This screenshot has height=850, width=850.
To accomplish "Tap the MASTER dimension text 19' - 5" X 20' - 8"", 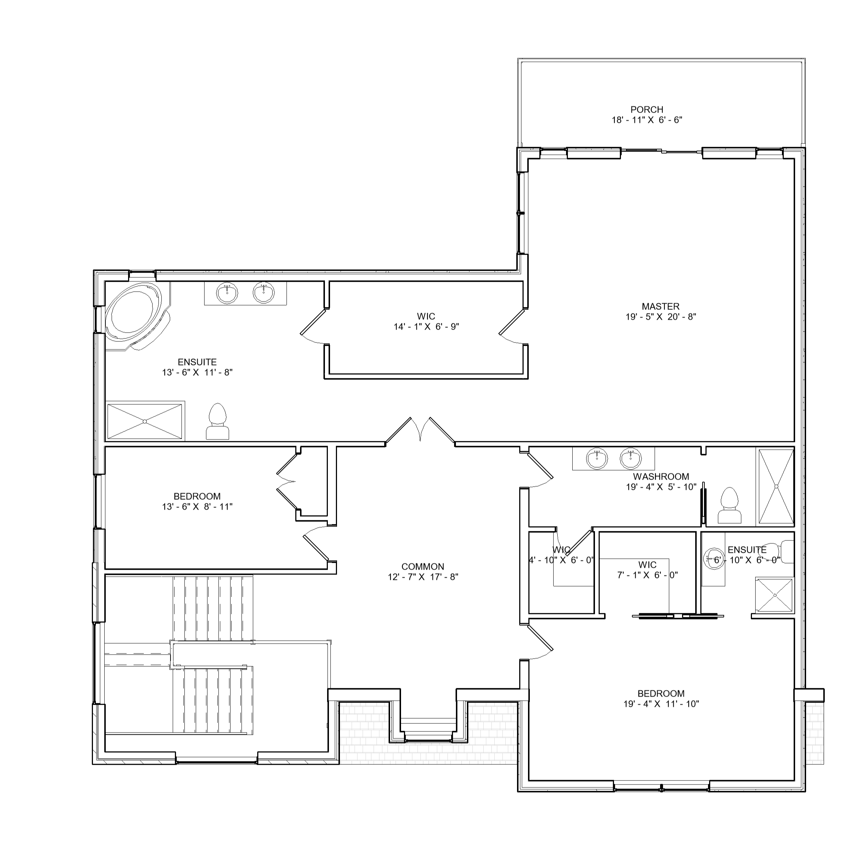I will point(660,317).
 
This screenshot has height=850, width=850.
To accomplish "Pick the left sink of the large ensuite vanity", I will point(228,293).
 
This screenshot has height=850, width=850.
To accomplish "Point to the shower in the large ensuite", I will point(145,422).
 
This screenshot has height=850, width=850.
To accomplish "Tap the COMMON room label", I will point(422,567).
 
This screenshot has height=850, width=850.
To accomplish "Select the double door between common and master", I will point(420,431).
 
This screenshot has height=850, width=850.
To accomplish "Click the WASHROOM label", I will point(661,476).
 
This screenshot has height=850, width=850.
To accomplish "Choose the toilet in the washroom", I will point(730,506).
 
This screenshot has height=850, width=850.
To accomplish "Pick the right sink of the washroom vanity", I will point(631,458).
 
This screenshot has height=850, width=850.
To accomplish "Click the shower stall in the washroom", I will point(776,486).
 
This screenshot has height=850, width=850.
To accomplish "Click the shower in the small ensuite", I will point(774,595).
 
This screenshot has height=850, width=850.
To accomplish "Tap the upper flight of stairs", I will point(213,609).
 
